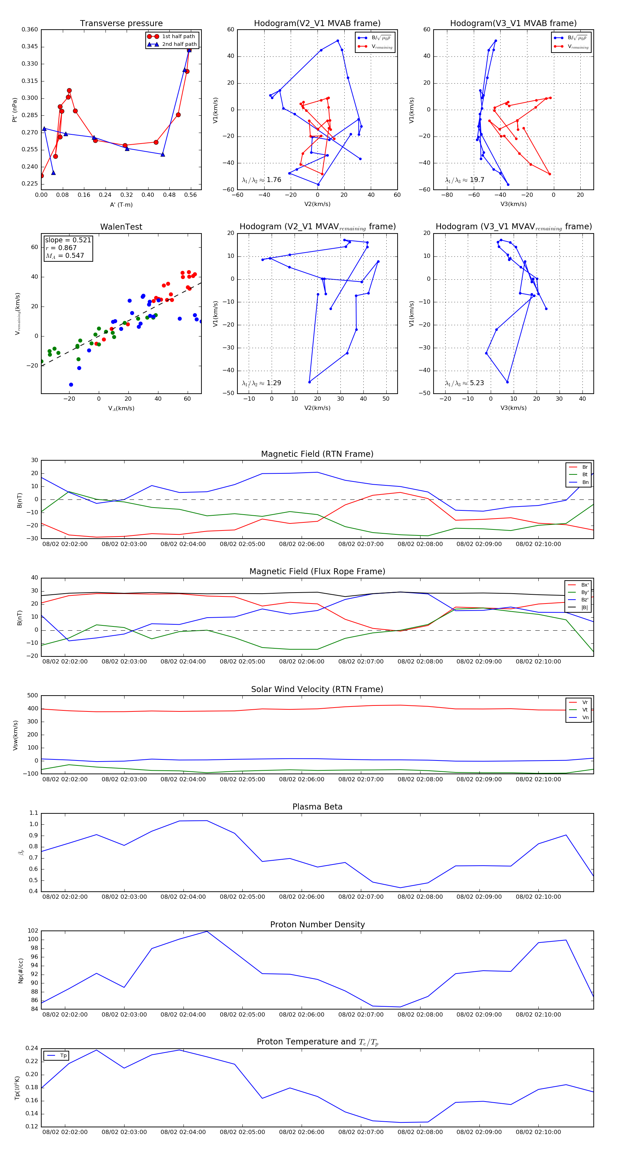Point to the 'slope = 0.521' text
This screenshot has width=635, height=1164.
pos(68,240)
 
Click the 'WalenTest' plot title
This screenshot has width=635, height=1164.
pos(121,227)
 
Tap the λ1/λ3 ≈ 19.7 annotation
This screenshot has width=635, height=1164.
pos(465,180)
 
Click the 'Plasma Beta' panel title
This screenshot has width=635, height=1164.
pos(317,807)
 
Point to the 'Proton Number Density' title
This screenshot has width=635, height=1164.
pos(317,924)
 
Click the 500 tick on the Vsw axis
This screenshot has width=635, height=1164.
pos(32,696)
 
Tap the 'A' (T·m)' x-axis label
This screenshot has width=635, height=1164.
pos(121,205)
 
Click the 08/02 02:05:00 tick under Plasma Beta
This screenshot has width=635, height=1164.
pos(242,897)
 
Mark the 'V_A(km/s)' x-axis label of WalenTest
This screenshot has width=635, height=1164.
pos(121,408)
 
